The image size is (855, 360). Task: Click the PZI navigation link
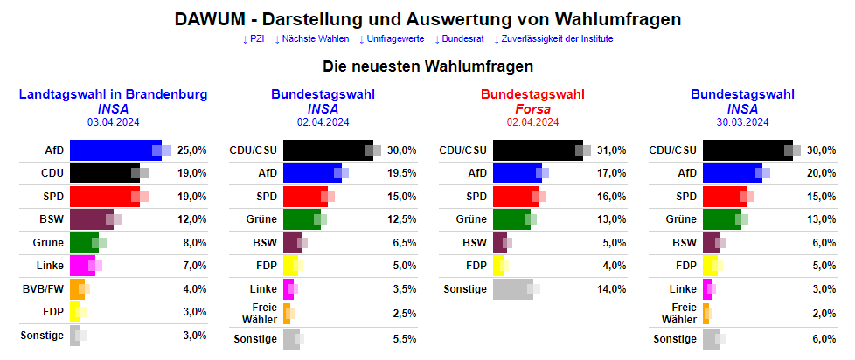[254, 39]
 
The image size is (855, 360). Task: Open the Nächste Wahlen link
[312, 39]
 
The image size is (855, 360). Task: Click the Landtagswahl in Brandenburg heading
[113, 94]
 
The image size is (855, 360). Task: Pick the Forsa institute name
[532, 109]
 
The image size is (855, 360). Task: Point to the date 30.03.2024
[742, 122]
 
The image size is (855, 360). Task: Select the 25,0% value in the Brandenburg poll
[191, 150]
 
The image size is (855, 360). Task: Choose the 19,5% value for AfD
[401, 173]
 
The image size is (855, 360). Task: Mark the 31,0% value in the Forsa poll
[611, 150]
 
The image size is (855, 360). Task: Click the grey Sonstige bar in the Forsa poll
[512, 288]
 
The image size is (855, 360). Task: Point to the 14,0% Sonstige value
[611, 288]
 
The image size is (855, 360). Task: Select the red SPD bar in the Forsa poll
[516, 197]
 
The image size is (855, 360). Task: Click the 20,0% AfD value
[821, 173]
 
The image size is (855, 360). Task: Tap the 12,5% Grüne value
[401, 219]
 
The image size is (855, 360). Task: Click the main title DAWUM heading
[427, 18]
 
